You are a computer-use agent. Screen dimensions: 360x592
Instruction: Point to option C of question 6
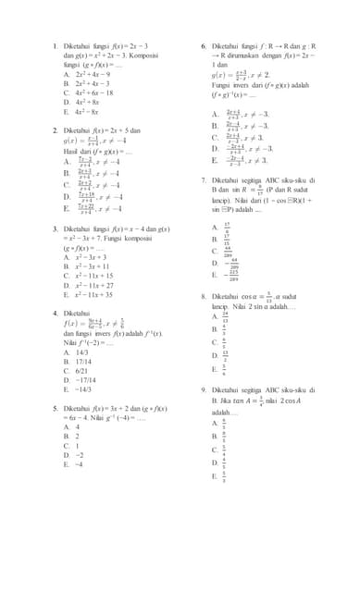(x=228, y=136)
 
